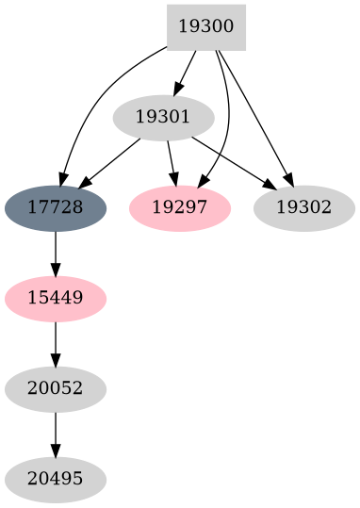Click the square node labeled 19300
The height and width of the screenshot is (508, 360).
tap(205, 27)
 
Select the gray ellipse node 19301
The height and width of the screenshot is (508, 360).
tap(163, 118)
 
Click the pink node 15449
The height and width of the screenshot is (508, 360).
tap(55, 299)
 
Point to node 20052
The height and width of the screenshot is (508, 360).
tap(55, 389)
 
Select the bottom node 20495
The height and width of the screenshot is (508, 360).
tap(55, 481)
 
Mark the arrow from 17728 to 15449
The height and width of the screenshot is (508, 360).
tap(55, 253)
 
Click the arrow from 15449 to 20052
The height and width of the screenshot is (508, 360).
tap(55, 343)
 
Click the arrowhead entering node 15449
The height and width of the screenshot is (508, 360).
tap(55, 268)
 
